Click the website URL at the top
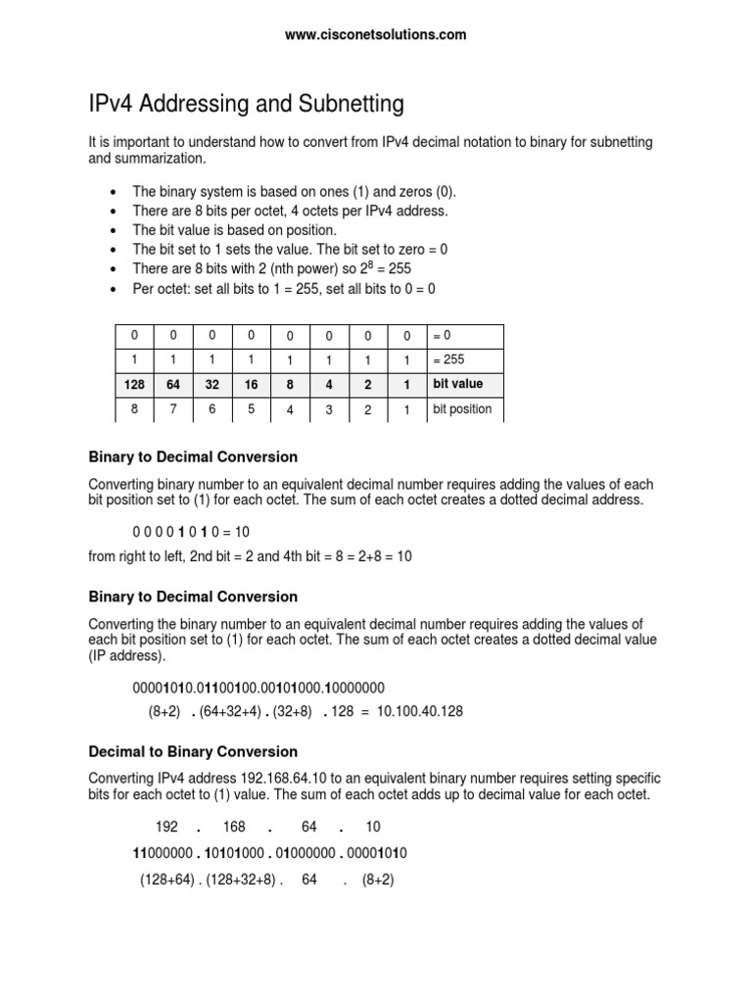point(376,35)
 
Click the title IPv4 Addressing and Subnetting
point(246,104)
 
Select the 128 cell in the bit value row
point(135,385)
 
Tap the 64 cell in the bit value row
point(174,385)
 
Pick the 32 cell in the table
point(212,385)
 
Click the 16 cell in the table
point(252,385)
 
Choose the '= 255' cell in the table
point(448,359)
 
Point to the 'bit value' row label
point(457,384)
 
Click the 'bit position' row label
point(462,408)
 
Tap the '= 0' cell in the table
point(442,336)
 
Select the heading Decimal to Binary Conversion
point(193,752)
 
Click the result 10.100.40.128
point(415,712)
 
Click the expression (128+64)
point(170,881)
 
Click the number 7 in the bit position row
point(174,409)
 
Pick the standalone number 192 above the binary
point(166,828)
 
